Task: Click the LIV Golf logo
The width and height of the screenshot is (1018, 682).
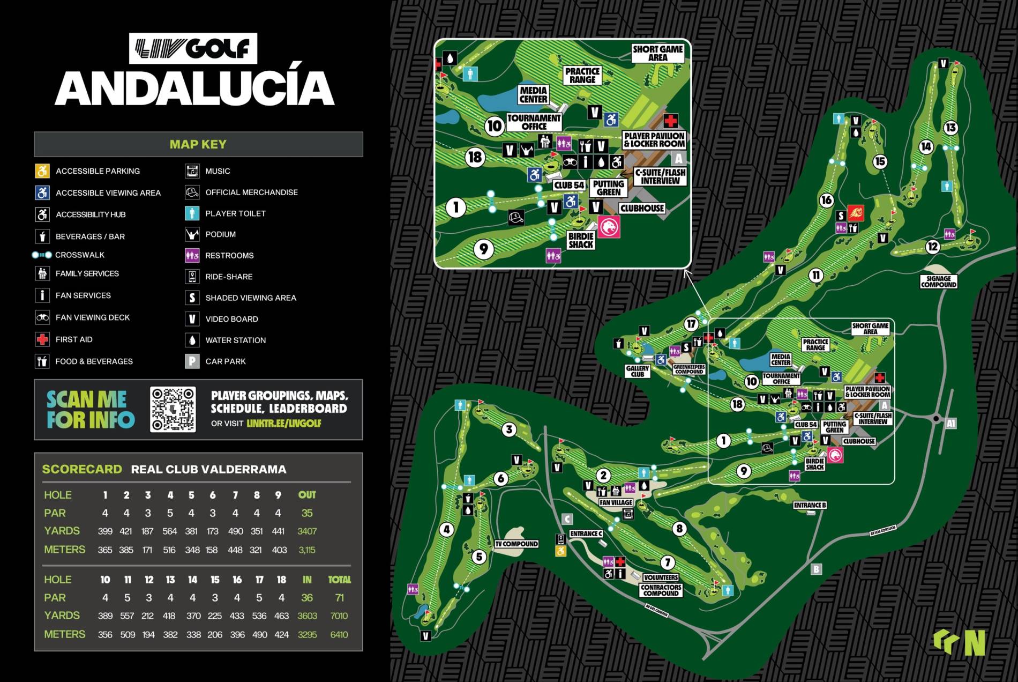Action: click(193, 48)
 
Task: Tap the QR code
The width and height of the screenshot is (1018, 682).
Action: click(173, 409)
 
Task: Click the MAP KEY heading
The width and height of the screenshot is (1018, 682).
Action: click(198, 144)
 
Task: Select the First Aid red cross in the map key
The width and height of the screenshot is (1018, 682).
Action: click(42, 339)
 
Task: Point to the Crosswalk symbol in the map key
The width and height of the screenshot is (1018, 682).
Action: click(42, 255)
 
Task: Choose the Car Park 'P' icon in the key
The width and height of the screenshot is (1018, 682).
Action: click(192, 361)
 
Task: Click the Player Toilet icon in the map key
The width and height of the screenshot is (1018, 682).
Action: click(192, 213)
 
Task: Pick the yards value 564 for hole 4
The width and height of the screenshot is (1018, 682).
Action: click(169, 531)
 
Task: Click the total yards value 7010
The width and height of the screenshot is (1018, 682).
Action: click(339, 616)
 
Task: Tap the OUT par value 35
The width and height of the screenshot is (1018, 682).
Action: click(306, 513)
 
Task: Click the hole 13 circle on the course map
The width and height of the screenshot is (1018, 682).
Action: click(951, 128)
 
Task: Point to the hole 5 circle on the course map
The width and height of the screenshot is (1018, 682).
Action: click(479, 557)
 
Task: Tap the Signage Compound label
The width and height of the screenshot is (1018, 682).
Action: click(938, 281)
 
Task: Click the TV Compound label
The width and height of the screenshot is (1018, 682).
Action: click(516, 544)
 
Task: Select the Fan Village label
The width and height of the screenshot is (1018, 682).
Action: click(616, 502)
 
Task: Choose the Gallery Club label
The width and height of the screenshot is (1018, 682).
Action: click(637, 371)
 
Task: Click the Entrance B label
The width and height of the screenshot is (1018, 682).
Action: click(810, 505)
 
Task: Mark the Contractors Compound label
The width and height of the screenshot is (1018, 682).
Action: click(661, 590)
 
